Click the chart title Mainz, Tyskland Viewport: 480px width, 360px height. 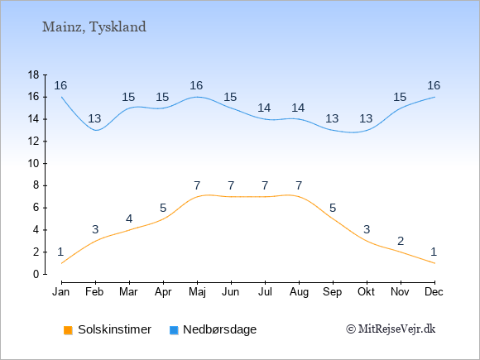pos(94,27)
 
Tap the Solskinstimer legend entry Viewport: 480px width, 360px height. pos(108,329)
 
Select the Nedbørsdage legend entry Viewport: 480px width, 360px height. pos(213,329)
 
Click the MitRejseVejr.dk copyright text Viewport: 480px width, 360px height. pos(391,329)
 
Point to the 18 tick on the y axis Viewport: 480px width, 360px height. pos(33,75)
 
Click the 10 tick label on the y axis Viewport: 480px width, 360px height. pos(33,164)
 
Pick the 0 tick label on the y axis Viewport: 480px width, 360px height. pos(36,274)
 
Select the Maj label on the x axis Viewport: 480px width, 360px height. pos(197,292)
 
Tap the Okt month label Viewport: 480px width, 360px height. pos(366,292)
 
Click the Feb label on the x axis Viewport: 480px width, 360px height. pos(94,292)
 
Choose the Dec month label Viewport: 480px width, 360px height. pos(434,292)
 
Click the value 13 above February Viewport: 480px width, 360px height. pos(94,118)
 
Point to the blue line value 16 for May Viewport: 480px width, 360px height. pos(196,85)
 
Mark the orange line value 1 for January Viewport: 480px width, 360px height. pos(60,252)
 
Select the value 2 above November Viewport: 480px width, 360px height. pos(401,241)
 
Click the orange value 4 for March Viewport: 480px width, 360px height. pos(129,218)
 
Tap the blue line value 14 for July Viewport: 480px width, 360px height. pos(264,108)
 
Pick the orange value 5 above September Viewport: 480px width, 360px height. pos(333,209)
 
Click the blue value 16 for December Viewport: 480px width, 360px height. pos(434,85)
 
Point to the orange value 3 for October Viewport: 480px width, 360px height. pos(367,229)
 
